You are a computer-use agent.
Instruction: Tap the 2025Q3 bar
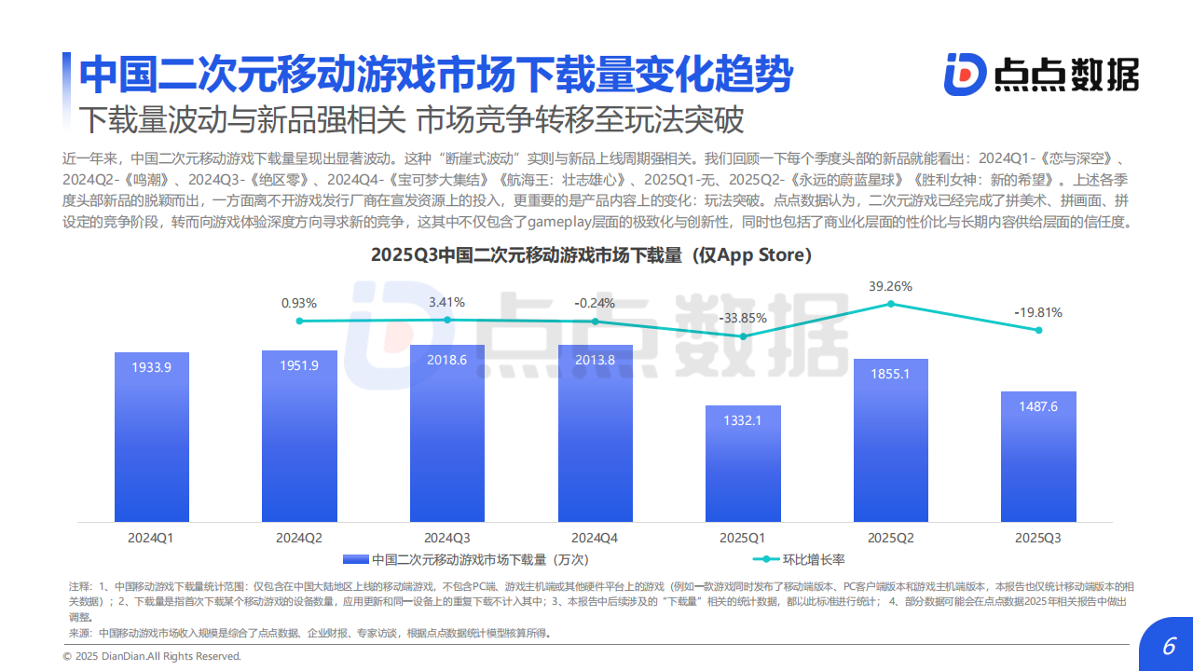coord(1038,456)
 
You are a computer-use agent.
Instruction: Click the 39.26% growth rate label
coord(890,286)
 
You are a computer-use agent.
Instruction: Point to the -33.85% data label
coord(743,318)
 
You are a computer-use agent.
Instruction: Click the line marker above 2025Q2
coord(891,304)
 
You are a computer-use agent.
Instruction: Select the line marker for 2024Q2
coord(299,321)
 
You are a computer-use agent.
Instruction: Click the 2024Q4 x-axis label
coord(595,538)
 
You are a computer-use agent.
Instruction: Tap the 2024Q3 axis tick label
coord(446,538)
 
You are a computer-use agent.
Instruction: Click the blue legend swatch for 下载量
coord(356,559)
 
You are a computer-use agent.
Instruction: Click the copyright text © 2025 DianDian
coord(152,656)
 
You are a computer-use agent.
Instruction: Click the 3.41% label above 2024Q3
coord(446,302)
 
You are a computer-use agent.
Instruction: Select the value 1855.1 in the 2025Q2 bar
coord(890,373)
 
